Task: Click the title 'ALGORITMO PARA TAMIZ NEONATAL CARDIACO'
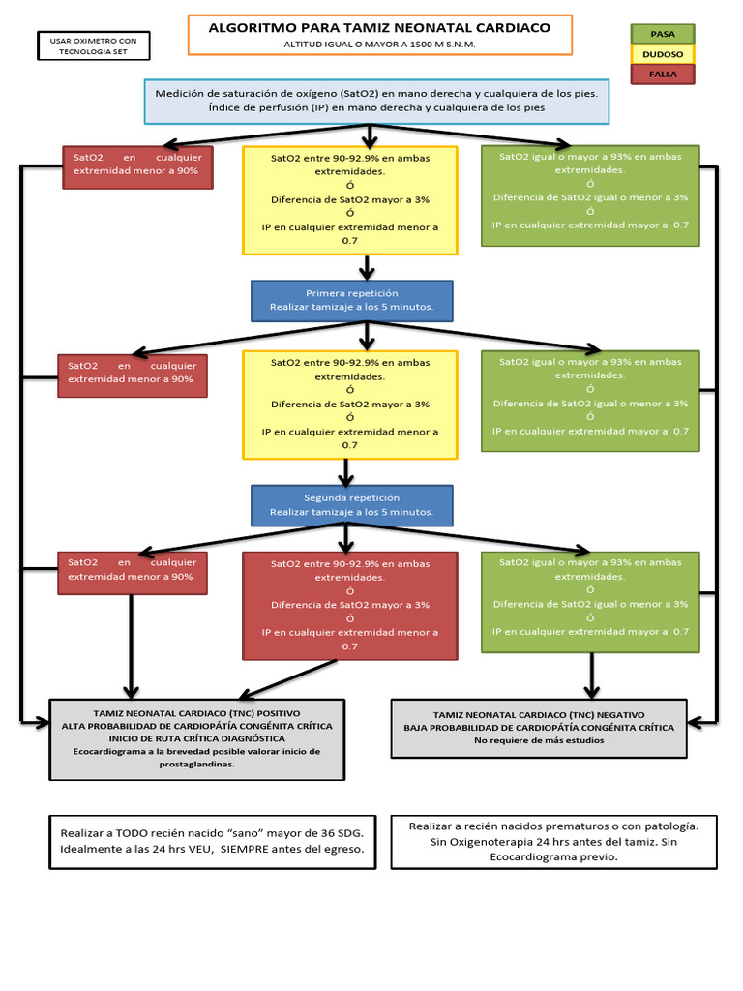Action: pyautogui.click(x=379, y=28)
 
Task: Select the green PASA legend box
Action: pyautogui.click(x=663, y=34)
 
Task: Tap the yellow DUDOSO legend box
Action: pyautogui.click(x=663, y=54)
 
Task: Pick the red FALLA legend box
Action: pyautogui.click(x=663, y=75)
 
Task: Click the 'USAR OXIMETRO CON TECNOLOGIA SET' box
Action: pyautogui.click(x=94, y=45)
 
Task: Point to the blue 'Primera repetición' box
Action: pyautogui.click(x=351, y=300)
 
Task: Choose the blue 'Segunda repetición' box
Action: pyautogui.click(x=351, y=504)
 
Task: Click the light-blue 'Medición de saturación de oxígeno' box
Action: pyautogui.click(x=376, y=102)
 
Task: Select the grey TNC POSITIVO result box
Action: pyautogui.click(x=196, y=738)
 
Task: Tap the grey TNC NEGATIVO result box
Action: pyautogui.click(x=538, y=727)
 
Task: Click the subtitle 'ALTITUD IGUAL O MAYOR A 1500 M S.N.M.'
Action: pyautogui.click(x=379, y=45)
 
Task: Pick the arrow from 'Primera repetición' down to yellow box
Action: pyautogui.click(x=367, y=335)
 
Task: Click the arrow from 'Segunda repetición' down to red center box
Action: pyautogui.click(x=346, y=537)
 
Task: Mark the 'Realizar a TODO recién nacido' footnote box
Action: pyautogui.click(x=212, y=841)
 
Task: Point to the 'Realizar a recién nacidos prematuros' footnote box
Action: pyautogui.click(x=553, y=841)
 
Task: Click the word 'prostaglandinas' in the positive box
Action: pyautogui.click(x=196, y=764)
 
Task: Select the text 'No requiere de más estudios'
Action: pyautogui.click(x=538, y=740)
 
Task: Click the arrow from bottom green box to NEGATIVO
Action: pyautogui.click(x=590, y=675)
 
